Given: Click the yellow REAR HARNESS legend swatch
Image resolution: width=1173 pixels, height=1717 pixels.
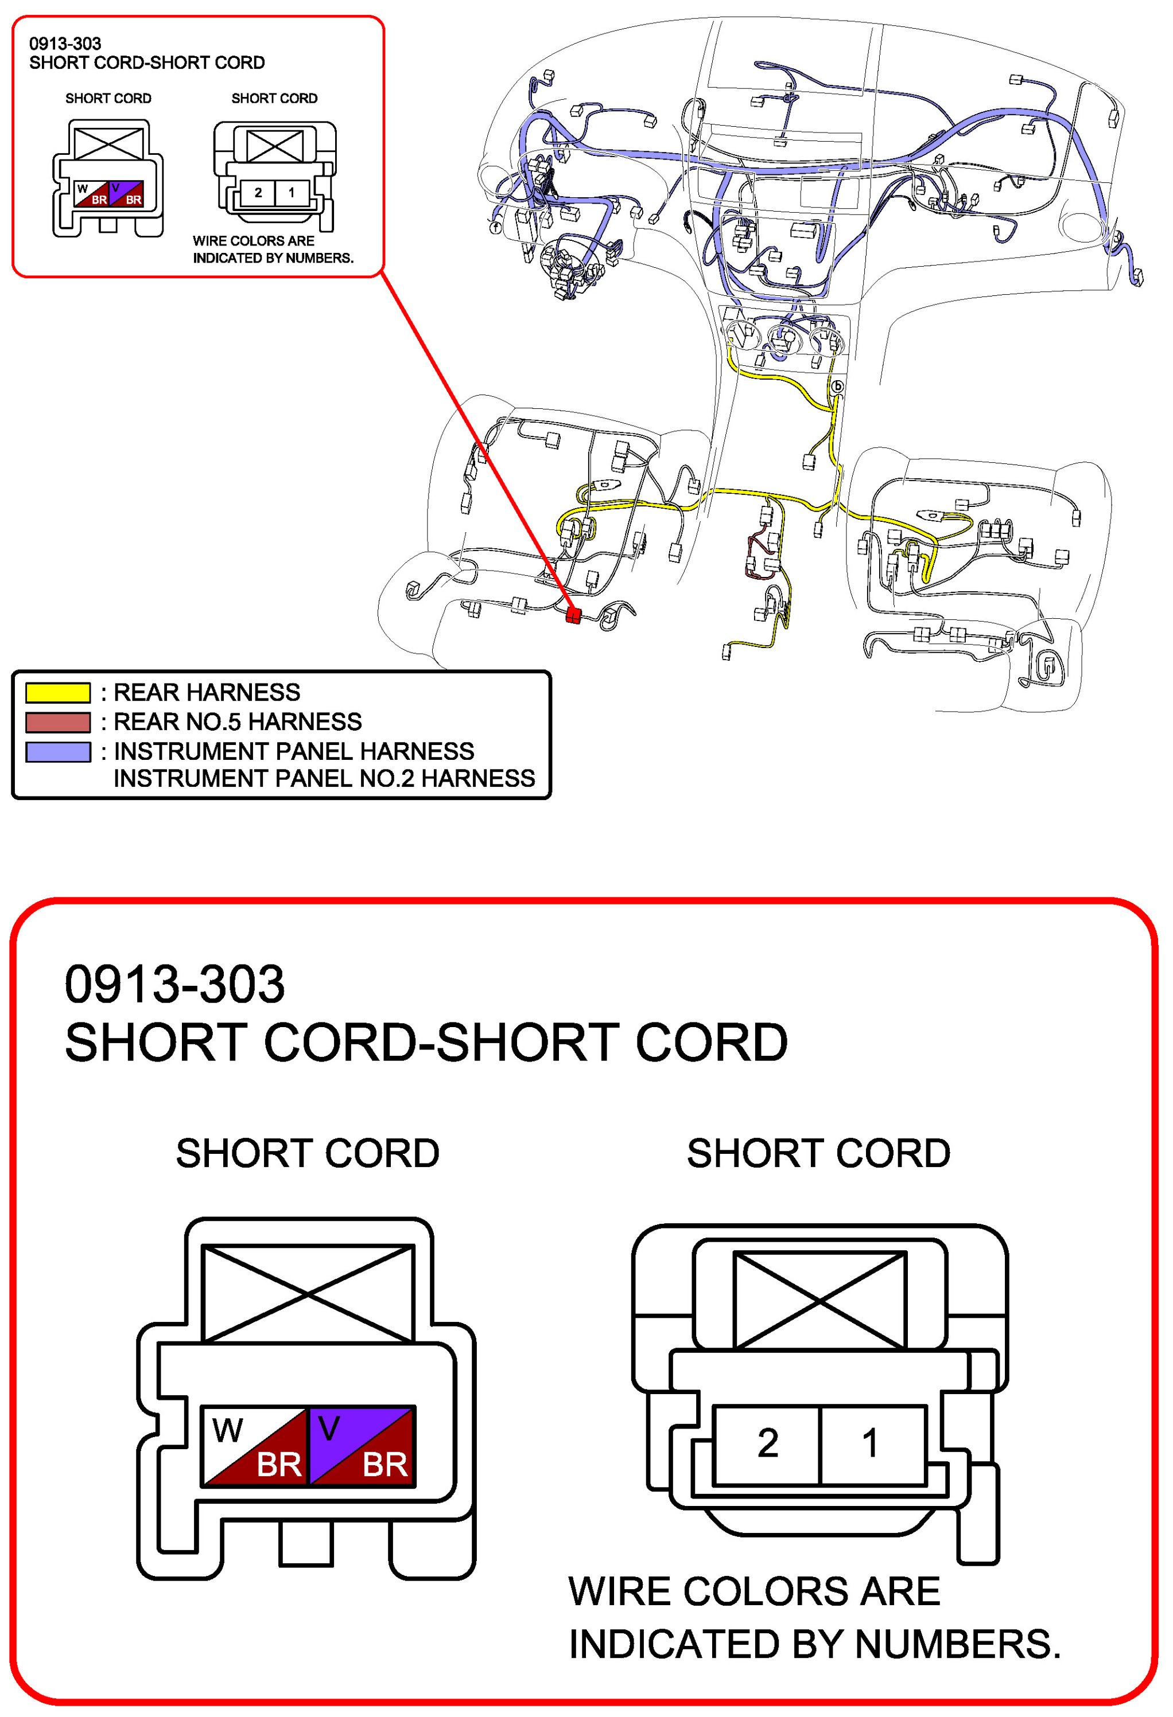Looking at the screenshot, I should [57, 692].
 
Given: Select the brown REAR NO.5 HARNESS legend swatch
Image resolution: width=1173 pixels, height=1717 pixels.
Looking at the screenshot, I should [57, 722].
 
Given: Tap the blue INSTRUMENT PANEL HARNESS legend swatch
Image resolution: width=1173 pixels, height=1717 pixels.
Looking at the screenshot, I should [57, 751].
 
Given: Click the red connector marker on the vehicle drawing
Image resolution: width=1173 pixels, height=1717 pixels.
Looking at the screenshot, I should [572, 615].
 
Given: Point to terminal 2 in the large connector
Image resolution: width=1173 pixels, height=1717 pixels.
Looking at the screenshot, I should [767, 1443].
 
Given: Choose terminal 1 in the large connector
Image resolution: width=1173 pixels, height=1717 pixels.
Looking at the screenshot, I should [872, 1443].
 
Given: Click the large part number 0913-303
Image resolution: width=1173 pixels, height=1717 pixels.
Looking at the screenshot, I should [174, 985].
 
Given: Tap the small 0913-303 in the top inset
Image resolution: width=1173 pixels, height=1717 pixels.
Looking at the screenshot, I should [65, 44].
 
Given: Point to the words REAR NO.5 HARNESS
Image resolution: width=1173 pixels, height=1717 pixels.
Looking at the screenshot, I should [237, 722].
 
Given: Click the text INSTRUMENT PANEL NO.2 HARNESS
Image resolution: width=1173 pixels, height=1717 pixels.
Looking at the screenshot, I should [324, 779].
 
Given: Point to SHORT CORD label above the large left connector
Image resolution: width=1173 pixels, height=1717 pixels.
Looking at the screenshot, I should [308, 1153].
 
